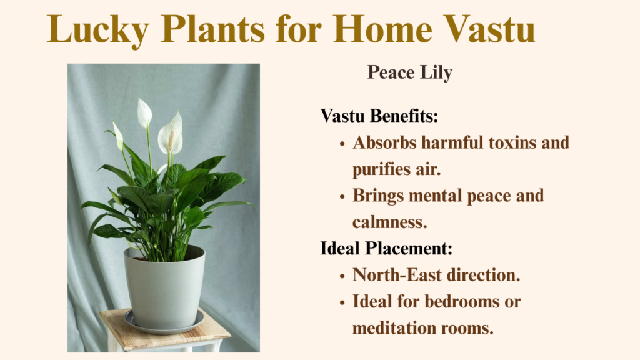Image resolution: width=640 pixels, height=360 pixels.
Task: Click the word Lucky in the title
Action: (x=97, y=30)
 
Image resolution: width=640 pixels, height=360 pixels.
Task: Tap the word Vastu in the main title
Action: (x=489, y=29)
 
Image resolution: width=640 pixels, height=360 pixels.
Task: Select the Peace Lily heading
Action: (x=410, y=72)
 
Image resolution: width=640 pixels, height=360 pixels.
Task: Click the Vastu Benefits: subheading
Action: (x=379, y=116)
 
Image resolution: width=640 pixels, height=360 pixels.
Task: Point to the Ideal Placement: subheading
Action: (x=386, y=248)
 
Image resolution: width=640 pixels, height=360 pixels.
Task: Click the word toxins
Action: (x=512, y=142)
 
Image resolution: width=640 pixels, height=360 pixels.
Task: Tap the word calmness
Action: (x=390, y=222)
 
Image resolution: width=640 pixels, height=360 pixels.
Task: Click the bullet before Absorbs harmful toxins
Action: (x=342, y=144)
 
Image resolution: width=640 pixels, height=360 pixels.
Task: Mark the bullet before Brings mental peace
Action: (x=342, y=197)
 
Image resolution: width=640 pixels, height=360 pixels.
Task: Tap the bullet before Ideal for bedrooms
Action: (x=342, y=303)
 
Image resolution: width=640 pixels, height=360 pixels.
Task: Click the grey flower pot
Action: (x=164, y=288)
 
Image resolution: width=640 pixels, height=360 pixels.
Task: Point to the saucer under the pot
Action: (x=164, y=324)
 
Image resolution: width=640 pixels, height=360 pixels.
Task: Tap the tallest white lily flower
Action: (x=144, y=113)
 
